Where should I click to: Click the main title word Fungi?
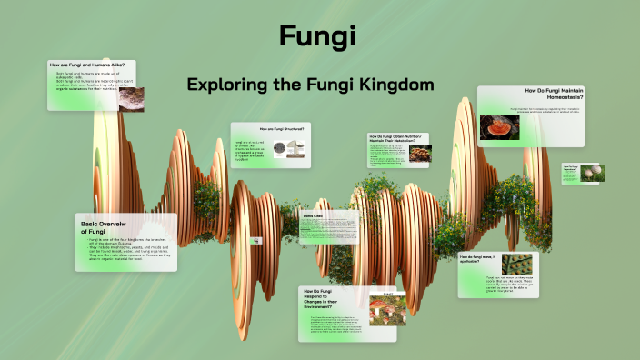click(x=317, y=36)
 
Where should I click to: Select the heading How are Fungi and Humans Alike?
click(x=91, y=65)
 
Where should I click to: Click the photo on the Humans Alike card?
click(x=131, y=98)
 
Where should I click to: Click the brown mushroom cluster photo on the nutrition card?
click(x=419, y=154)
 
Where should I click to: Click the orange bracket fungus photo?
click(x=496, y=126)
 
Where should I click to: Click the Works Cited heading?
click(x=313, y=215)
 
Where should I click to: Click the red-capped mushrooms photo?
click(x=387, y=313)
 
